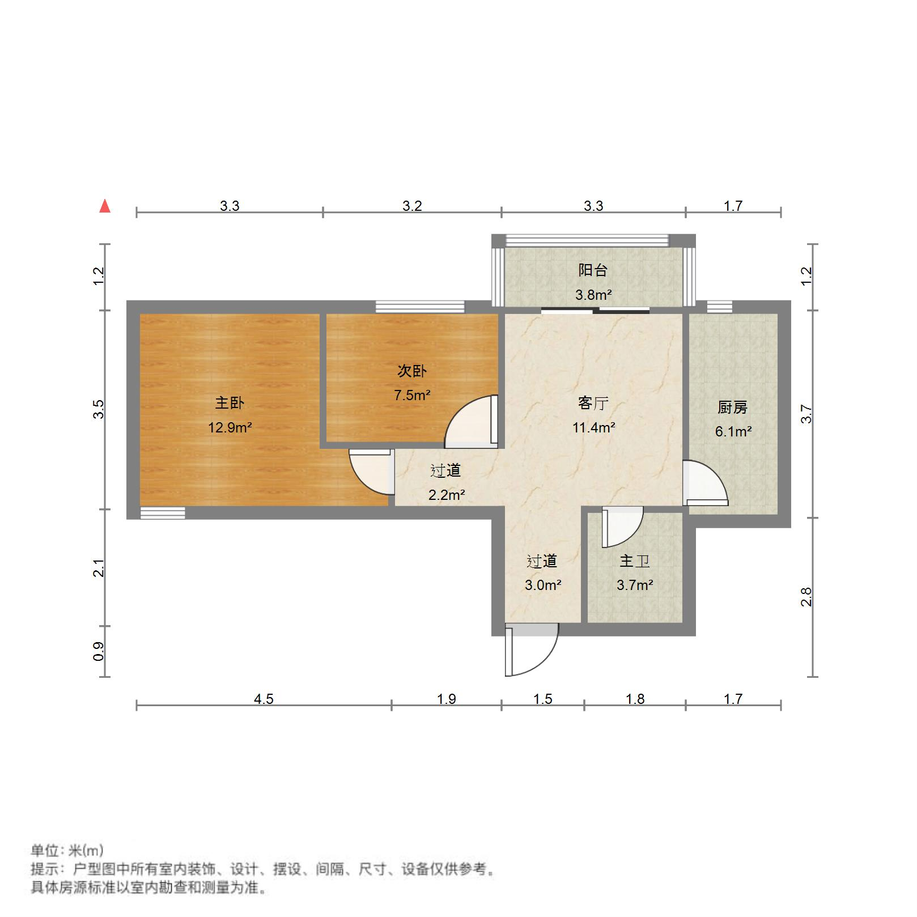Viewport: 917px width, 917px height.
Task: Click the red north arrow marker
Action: tap(105, 206)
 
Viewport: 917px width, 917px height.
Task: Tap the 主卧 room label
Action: tap(230, 403)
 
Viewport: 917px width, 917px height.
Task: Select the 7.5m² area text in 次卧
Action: tap(412, 395)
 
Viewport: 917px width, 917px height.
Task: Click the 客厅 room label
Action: tap(593, 403)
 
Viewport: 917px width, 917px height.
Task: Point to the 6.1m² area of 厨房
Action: tap(733, 431)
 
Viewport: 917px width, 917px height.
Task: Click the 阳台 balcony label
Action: tap(593, 270)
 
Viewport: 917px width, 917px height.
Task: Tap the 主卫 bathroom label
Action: tap(634, 561)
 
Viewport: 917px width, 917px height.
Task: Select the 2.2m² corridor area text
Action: tap(446, 495)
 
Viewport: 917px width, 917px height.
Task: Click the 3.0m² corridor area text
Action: tap(542, 585)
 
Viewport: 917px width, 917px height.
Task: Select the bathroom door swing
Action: tap(622, 527)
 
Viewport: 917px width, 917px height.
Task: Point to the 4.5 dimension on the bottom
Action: tap(264, 699)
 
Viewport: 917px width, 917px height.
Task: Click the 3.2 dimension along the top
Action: tap(412, 206)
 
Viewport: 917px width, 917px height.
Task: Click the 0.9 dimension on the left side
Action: tap(99, 651)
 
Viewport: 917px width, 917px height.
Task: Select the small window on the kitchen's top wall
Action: tap(719, 307)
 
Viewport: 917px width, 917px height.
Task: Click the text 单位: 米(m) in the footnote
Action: tap(67, 850)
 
